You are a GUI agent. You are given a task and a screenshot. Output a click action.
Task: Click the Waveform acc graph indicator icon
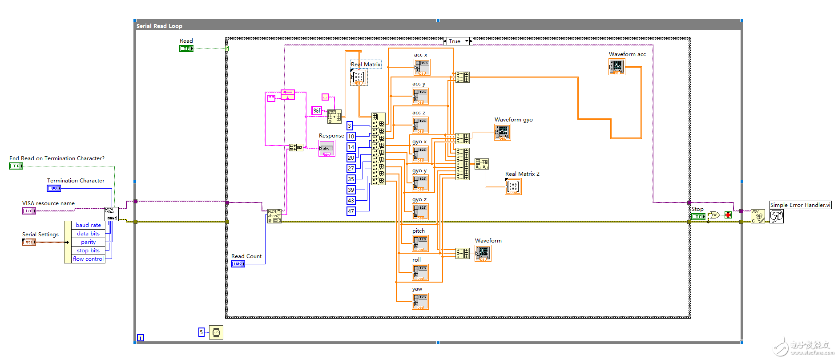tap(616, 67)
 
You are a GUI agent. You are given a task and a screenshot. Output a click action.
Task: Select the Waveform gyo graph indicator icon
tap(503, 132)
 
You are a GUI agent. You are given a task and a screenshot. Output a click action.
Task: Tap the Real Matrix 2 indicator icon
tap(513, 186)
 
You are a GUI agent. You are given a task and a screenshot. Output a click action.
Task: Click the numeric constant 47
tap(351, 211)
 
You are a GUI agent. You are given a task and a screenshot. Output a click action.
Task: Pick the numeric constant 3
tap(350, 126)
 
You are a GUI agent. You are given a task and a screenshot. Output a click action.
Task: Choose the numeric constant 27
tap(351, 169)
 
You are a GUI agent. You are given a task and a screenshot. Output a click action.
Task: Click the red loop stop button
tap(728, 215)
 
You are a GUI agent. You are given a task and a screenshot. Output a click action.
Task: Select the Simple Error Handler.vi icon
tap(777, 216)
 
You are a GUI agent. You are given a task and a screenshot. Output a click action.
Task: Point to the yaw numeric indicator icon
tap(420, 301)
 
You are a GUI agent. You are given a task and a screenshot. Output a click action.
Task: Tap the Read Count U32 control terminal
tap(238, 264)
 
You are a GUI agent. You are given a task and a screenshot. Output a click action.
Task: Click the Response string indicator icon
tap(326, 149)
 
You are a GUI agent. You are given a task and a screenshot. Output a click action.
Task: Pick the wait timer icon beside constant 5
tap(216, 332)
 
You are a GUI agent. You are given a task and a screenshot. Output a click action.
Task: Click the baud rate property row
tap(88, 225)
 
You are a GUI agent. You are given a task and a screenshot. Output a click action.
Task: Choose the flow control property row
tap(88, 259)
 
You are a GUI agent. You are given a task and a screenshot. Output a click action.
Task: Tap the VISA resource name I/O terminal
tap(29, 211)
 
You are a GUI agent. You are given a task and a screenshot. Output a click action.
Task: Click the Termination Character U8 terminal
tap(54, 188)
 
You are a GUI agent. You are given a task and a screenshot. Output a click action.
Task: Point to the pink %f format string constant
tap(317, 110)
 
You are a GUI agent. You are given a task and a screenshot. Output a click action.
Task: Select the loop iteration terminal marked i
tap(141, 338)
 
